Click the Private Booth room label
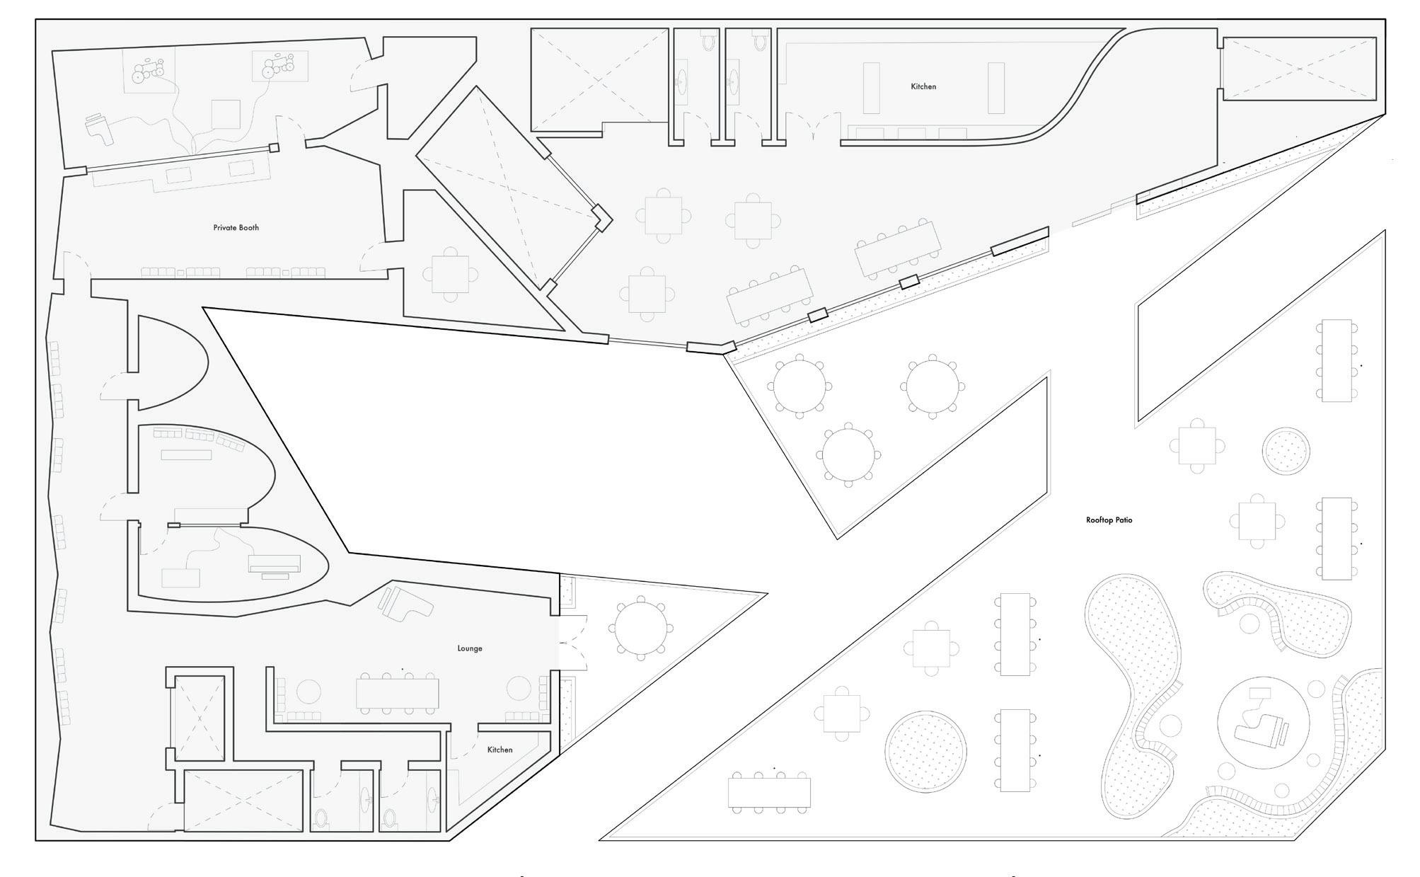click(x=236, y=228)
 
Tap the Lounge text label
click(x=470, y=648)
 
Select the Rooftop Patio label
click(x=1109, y=520)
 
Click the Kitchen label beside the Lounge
click(x=500, y=750)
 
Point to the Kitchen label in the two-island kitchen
click(x=923, y=86)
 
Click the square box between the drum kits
click(x=226, y=114)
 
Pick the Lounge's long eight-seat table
click(x=397, y=694)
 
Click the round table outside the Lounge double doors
click(x=641, y=628)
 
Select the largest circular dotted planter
click(x=925, y=752)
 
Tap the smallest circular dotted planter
click(x=1285, y=451)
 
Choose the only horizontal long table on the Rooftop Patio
click(x=769, y=793)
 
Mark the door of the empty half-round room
click(x=113, y=386)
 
